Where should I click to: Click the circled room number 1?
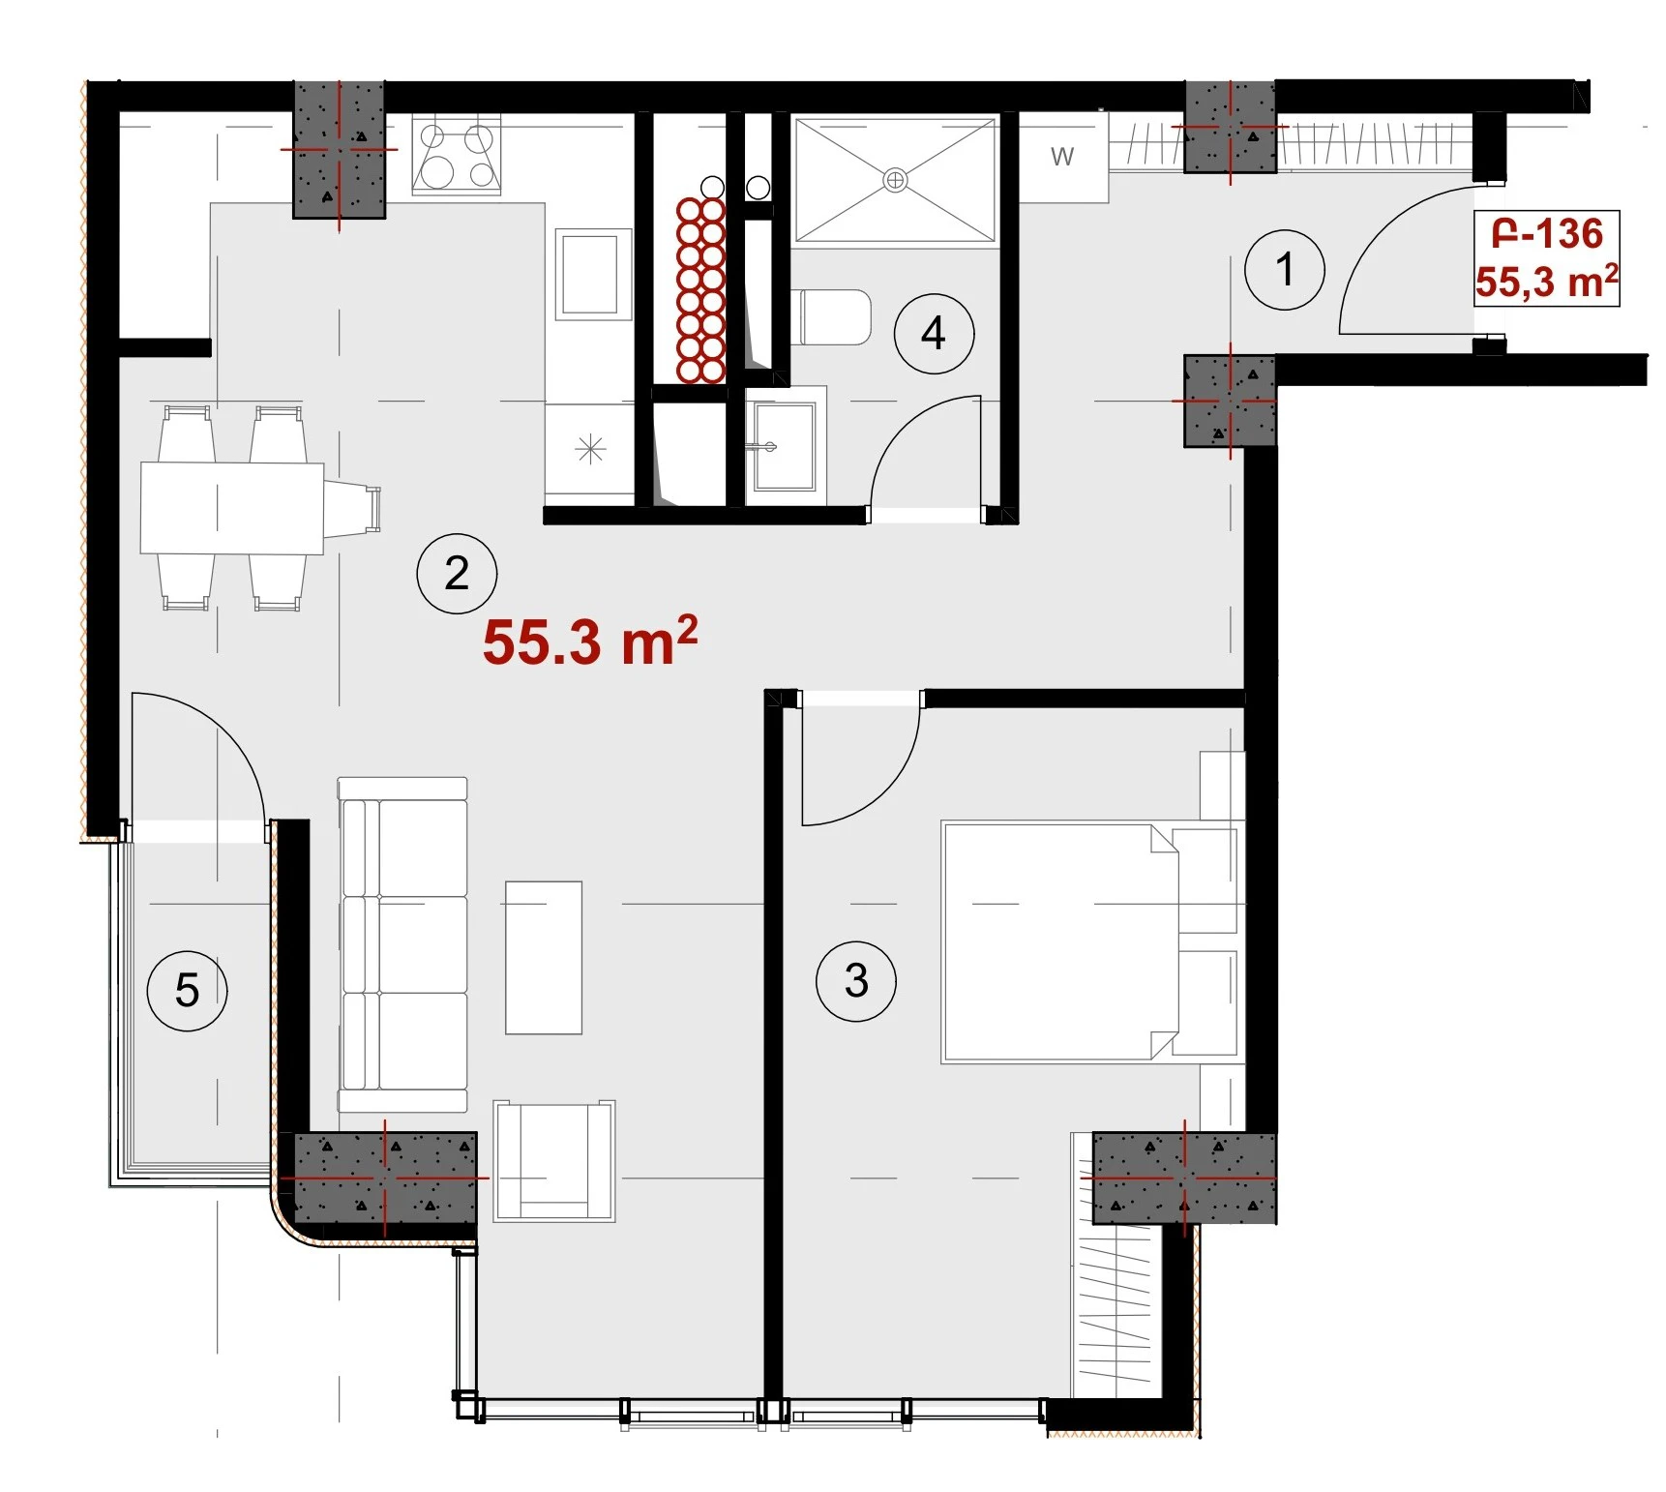1284,269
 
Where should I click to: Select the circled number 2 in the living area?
457,573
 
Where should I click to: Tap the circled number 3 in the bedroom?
856,981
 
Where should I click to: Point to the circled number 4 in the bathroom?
934,333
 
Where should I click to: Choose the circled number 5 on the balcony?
187,990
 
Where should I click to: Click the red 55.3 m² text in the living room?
590,641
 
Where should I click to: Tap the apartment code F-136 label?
1547,233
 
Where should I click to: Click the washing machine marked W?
1062,157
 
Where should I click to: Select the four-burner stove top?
457,156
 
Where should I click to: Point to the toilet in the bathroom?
831,316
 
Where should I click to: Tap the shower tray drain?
896,180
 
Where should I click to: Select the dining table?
232,508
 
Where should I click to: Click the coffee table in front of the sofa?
544,957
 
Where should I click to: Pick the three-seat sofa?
402,944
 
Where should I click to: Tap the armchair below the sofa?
553,1160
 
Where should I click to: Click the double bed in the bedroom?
1089,942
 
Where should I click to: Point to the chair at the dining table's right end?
352,507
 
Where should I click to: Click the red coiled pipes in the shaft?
701,290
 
